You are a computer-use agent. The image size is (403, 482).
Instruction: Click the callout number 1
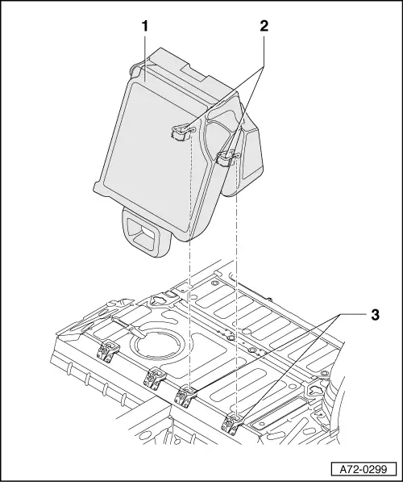144,27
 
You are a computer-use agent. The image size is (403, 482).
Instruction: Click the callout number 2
264,26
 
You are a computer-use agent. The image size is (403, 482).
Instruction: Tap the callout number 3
375,315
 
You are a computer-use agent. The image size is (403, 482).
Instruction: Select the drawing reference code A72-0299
364,469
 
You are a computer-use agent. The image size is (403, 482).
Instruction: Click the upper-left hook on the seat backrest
182,132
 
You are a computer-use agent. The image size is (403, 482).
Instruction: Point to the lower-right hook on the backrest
228,158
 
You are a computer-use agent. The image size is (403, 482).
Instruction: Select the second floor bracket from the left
155,377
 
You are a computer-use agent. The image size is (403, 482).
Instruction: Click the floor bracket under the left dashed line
185,396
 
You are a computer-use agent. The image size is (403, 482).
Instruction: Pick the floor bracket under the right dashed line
232,424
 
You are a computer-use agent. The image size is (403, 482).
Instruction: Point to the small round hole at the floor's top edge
214,283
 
